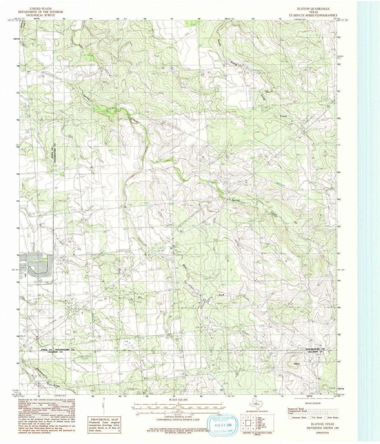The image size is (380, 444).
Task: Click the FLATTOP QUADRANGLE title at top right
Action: pyautogui.click(x=314, y=9)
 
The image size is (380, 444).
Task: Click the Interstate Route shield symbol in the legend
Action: pyautogui.click(x=290, y=417)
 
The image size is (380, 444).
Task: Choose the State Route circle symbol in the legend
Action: pyautogui.click(x=326, y=417)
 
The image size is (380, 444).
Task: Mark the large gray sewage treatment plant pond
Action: pyautogui.click(x=39, y=266)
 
